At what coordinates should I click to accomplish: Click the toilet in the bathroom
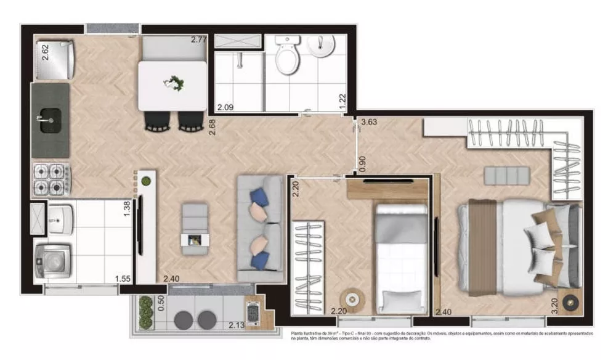pos(286,56)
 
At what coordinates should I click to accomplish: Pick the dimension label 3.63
pos(370,122)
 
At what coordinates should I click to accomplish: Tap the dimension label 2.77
pos(198,40)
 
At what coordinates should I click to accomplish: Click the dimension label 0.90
pos(363,163)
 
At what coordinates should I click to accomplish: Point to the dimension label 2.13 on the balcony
pos(236,325)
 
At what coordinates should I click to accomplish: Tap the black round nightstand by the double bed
pos(569,302)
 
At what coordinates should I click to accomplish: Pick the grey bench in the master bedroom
pos(506,176)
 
